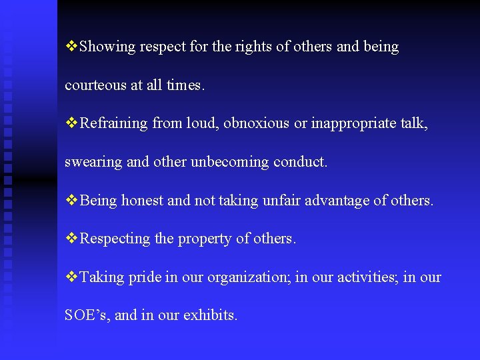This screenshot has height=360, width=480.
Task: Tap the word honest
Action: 142,201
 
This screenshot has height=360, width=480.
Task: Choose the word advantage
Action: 335,201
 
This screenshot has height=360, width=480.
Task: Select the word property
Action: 205,239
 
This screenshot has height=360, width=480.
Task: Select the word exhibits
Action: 213,315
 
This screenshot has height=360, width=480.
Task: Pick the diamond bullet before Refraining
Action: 72,123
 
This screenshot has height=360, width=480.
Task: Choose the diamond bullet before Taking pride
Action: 72,277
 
